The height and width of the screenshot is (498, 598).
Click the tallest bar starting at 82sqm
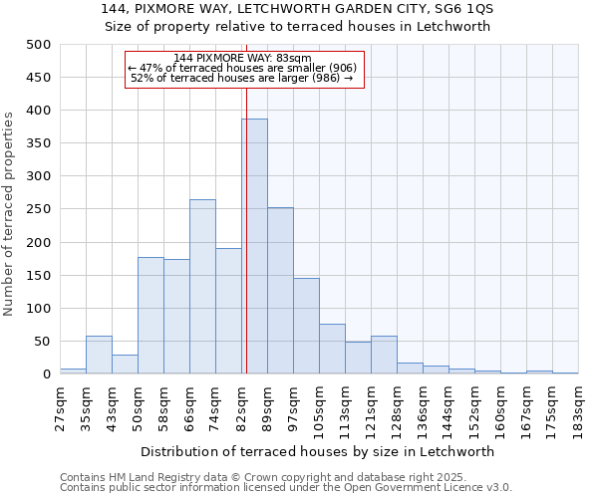(254, 247)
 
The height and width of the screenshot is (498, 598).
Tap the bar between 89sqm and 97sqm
(280, 291)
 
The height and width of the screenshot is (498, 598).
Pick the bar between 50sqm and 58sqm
(150, 316)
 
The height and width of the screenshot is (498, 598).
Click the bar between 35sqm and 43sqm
(99, 356)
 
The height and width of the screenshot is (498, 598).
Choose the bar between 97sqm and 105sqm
(306, 327)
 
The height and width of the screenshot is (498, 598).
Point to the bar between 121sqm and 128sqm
(384, 356)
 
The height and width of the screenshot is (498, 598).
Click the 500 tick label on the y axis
(39, 45)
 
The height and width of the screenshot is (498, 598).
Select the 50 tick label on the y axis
(43, 342)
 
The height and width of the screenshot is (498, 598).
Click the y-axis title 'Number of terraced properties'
(9, 213)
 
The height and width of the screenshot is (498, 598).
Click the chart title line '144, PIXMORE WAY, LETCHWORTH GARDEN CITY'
(298, 9)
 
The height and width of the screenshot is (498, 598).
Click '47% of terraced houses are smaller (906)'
(242, 68)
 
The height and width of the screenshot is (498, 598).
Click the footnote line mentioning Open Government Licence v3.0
(286, 488)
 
